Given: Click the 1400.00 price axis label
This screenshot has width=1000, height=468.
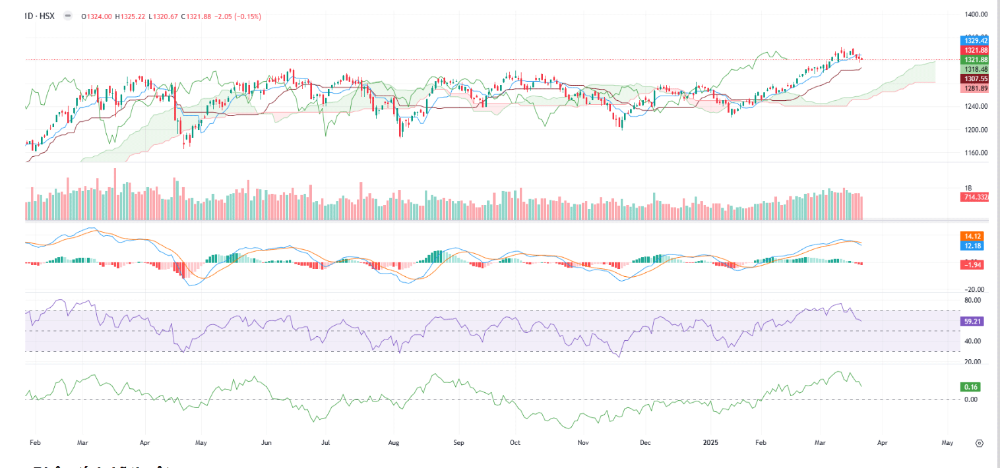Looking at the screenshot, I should [975, 14].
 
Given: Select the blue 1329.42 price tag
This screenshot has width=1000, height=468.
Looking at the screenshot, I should [975, 41].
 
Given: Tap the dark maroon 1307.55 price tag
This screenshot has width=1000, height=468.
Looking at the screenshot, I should [975, 78].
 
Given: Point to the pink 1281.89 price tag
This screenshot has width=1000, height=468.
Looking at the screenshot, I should [975, 88].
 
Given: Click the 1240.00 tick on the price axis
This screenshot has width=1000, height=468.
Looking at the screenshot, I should [975, 106].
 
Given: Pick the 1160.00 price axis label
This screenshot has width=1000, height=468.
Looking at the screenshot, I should [975, 153].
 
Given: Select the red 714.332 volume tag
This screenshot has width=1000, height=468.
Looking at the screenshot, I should [975, 197].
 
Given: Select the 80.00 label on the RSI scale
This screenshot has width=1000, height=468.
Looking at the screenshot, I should [973, 300].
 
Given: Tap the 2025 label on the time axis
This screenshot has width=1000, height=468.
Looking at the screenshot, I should [710, 443].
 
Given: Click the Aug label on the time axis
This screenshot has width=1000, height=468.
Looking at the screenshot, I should [394, 443].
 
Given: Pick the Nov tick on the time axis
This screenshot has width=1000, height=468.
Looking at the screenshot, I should [583, 443].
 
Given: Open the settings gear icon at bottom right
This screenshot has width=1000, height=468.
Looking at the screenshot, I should [980, 443].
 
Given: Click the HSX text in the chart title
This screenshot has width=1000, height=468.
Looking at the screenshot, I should [47, 16].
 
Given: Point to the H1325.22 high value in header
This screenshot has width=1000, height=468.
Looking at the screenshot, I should [131, 16].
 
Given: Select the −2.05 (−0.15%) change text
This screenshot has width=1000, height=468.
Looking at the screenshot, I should [237, 16].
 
